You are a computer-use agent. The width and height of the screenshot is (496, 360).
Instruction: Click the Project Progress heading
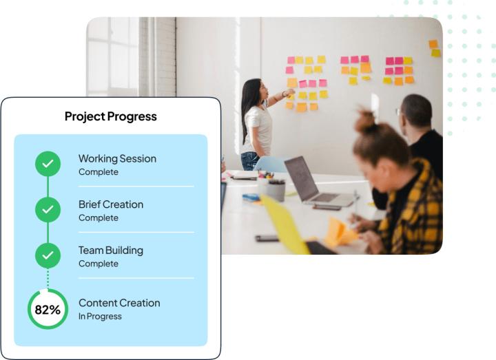point(111,116)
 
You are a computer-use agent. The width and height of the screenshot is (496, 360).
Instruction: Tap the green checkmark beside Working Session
point(48,164)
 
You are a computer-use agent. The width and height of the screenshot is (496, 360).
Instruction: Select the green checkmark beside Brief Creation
point(48,209)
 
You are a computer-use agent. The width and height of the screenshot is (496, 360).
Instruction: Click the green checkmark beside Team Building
point(48,255)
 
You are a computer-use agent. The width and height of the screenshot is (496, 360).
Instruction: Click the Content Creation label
point(119,303)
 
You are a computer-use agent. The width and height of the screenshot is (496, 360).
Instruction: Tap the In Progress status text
point(100,317)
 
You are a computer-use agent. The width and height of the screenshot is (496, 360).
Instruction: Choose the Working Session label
point(117,158)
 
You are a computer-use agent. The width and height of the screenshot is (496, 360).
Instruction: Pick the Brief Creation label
point(111,204)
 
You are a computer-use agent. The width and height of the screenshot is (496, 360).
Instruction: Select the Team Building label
point(111,251)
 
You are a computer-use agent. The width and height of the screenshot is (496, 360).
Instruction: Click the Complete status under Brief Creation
point(99,218)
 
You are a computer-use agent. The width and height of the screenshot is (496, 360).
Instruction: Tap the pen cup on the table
point(276,190)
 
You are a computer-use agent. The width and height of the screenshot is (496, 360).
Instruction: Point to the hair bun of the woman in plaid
point(365,120)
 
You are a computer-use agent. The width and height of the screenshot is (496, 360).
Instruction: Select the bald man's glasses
point(398,112)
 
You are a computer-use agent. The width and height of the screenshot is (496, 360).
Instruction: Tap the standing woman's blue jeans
point(250,161)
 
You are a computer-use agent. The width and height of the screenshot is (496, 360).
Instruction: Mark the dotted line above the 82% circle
point(48,279)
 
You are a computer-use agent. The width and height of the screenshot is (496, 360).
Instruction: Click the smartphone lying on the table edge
point(267,238)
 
